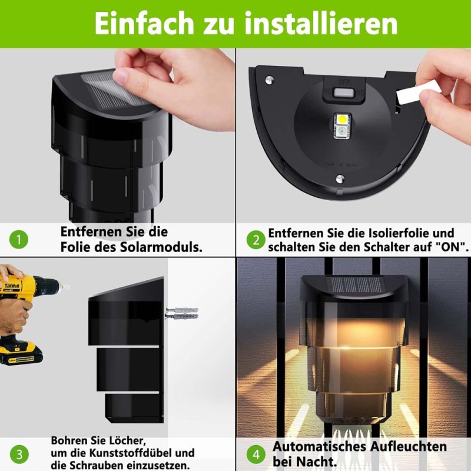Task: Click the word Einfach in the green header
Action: click(144, 24)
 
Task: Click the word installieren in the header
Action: click(321, 24)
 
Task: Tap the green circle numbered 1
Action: click(19, 240)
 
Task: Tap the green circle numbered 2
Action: click(256, 240)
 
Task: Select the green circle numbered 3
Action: click(19, 454)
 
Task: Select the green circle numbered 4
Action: click(256, 455)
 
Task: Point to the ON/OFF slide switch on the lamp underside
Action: click(344, 92)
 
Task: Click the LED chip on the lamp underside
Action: click(342, 126)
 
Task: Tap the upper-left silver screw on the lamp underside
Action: click(269, 80)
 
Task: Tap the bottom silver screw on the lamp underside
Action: click(340, 179)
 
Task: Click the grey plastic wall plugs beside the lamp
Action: click(182, 313)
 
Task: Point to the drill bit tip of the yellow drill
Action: click(68, 287)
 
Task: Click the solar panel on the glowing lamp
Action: click(354, 284)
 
